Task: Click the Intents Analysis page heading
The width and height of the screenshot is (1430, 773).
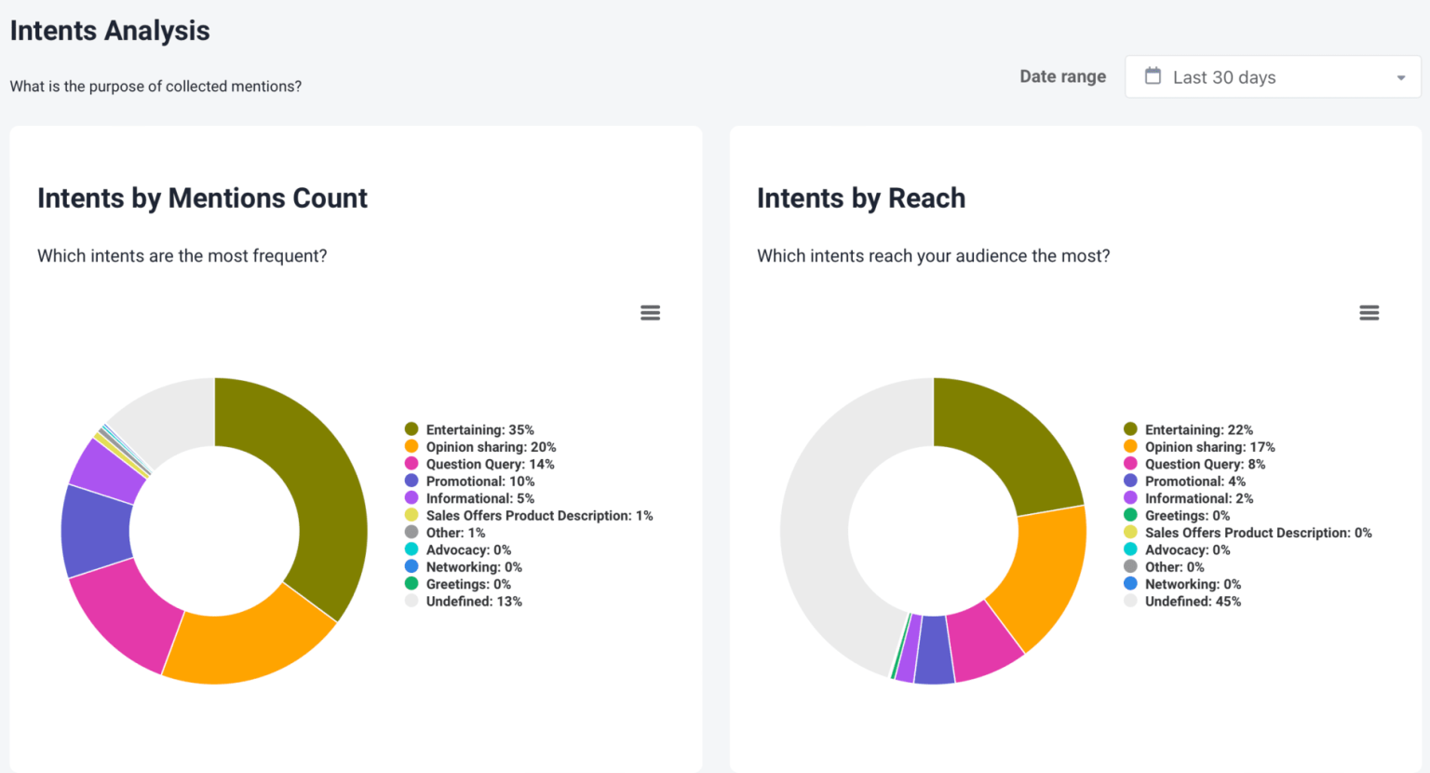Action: [x=110, y=31]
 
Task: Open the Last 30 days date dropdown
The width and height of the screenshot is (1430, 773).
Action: [x=1272, y=77]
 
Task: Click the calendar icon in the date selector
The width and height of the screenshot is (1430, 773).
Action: [x=1153, y=76]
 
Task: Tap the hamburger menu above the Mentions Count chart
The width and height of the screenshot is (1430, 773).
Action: [x=650, y=313]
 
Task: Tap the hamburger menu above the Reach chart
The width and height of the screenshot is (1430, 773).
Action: [x=1369, y=313]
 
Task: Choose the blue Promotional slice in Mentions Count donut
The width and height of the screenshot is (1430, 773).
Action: [x=96, y=531]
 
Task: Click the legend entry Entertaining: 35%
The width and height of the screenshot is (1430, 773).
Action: [x=479, y=429]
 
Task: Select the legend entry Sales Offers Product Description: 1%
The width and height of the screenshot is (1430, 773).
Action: [x=539, y=515]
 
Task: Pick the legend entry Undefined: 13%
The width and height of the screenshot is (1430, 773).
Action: [x=474, y=602]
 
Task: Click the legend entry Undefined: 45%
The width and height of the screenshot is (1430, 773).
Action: [x=1193, y=602]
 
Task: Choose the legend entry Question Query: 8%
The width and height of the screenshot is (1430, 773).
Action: [x=1205, y=464]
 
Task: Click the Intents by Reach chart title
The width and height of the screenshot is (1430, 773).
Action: [x=860, y=198]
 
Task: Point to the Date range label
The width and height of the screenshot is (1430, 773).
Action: [x=1062, y=76]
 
